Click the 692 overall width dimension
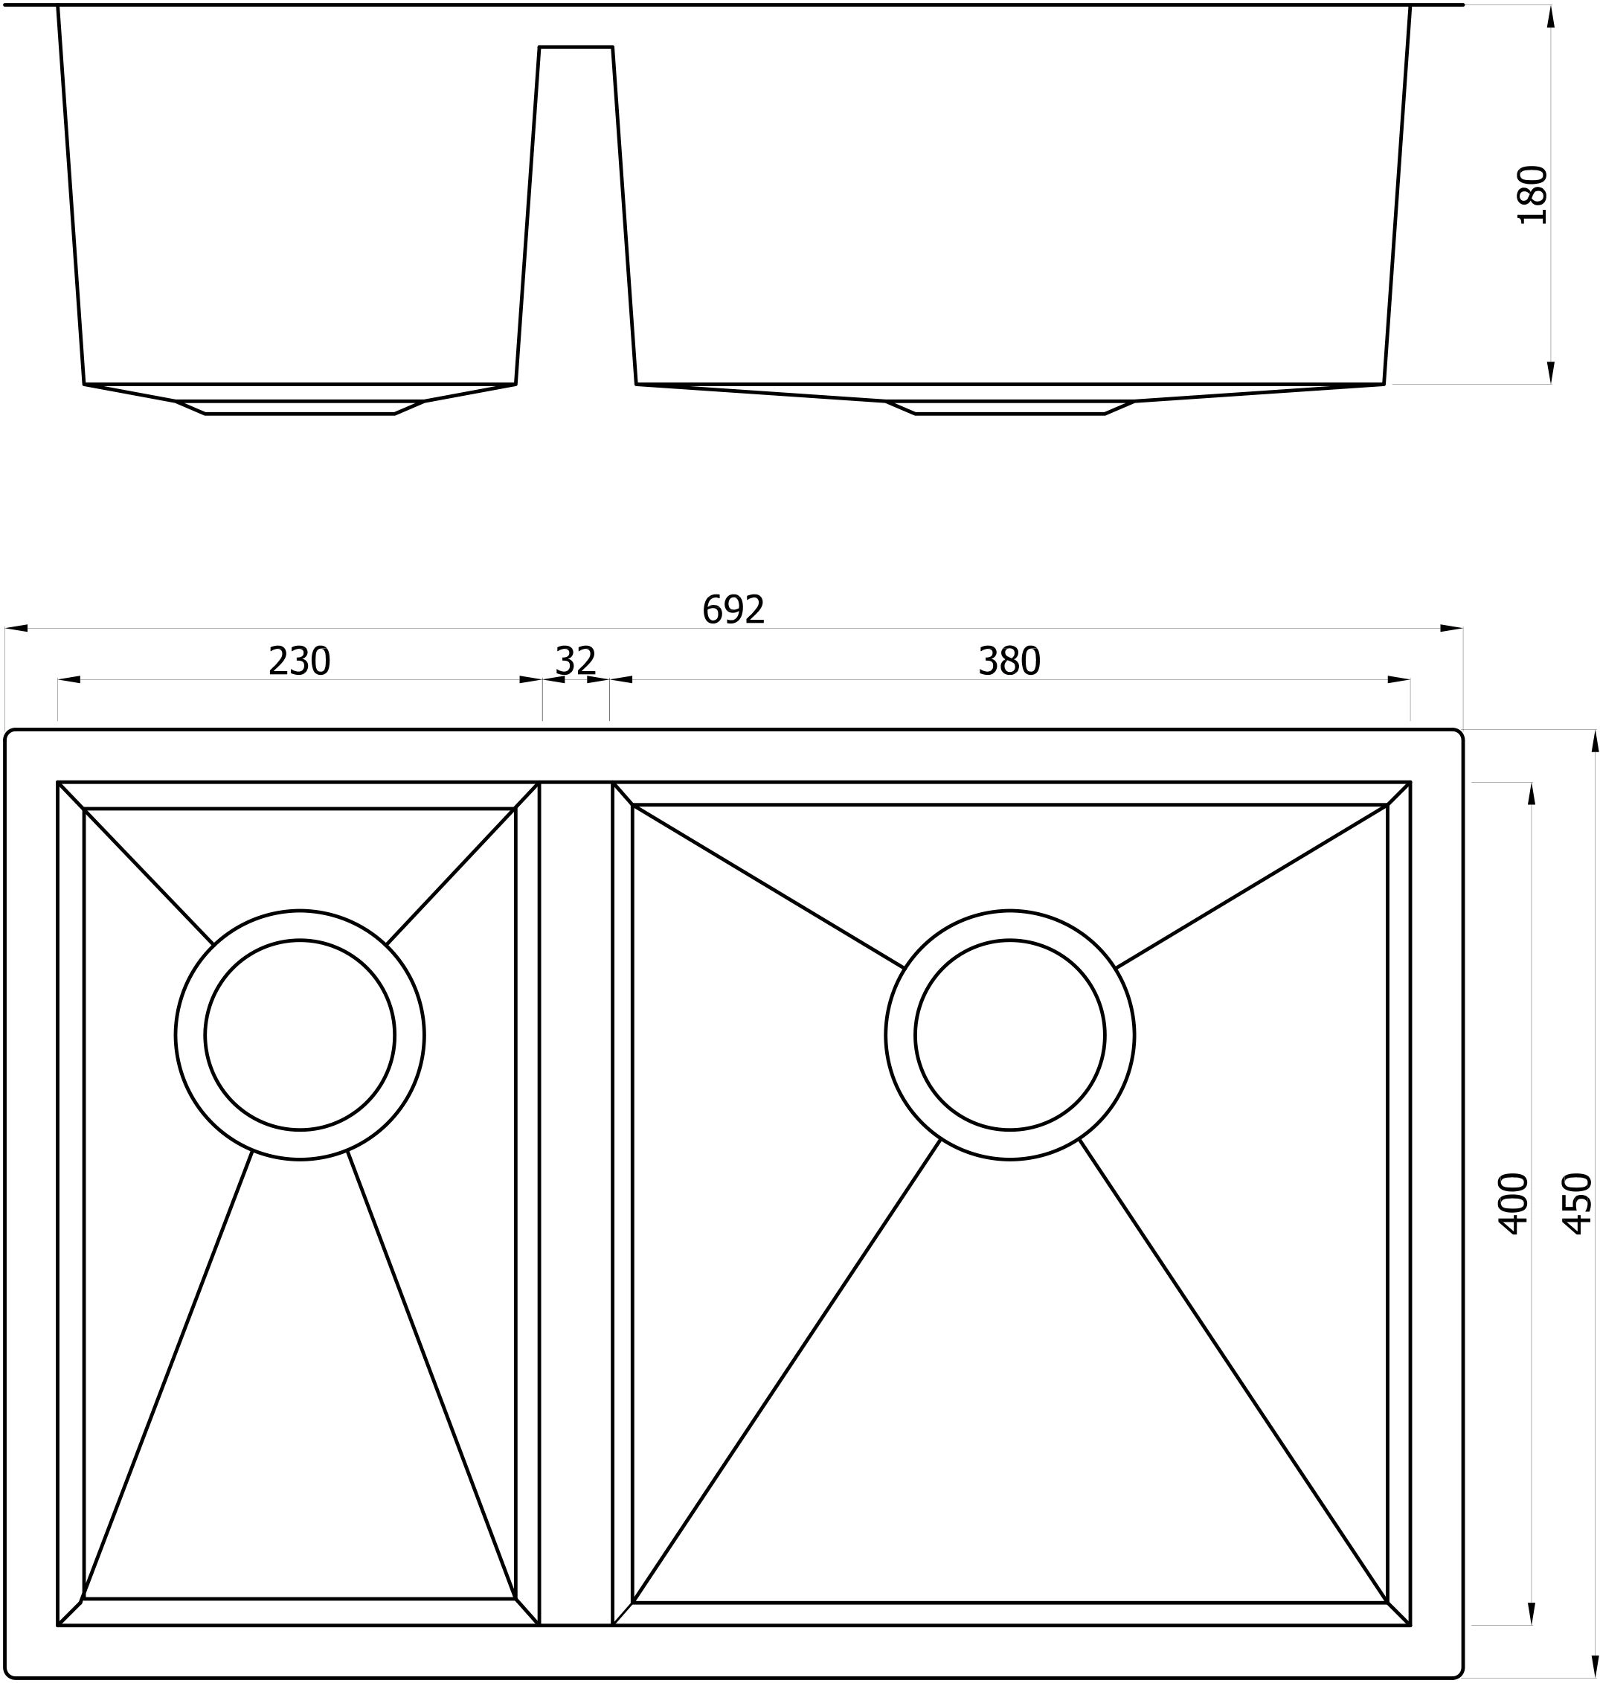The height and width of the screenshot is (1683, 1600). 733,610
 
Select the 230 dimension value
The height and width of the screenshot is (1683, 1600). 298,661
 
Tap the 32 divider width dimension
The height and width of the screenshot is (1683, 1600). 576,661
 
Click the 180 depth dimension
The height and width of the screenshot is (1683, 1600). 1532,194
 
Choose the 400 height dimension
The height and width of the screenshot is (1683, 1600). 1514,1204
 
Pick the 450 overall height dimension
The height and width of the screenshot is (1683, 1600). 1578,1204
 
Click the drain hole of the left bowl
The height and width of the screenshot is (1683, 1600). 299,1035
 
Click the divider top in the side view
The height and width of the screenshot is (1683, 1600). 576,48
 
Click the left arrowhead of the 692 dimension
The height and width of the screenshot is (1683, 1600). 16,629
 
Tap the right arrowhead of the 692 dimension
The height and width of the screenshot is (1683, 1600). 1451,629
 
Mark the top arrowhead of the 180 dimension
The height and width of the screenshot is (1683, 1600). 1550,17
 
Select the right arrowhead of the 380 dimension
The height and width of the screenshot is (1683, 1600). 1398,680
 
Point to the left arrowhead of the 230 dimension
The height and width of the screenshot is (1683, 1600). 69,680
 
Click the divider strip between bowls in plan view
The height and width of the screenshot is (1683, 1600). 576,1194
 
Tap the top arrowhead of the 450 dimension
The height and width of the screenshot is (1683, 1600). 1595,742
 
